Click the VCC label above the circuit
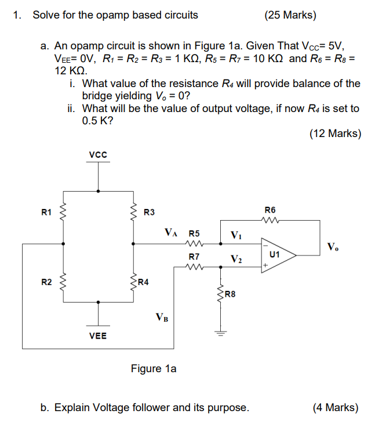[x=98, y=154]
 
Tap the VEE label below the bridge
[x=98, y=336]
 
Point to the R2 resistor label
[x=47, y=282]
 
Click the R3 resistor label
[x=149, y=212]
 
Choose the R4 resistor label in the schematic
[x=144, y=283]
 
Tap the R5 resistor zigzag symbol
[x=194, y=244]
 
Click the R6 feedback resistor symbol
[x=270, y=220]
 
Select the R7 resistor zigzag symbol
[x=194, y=267]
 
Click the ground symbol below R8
[x=220, y=333]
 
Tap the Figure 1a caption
[x=154, y=369]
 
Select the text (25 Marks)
[x=290, y=15]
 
